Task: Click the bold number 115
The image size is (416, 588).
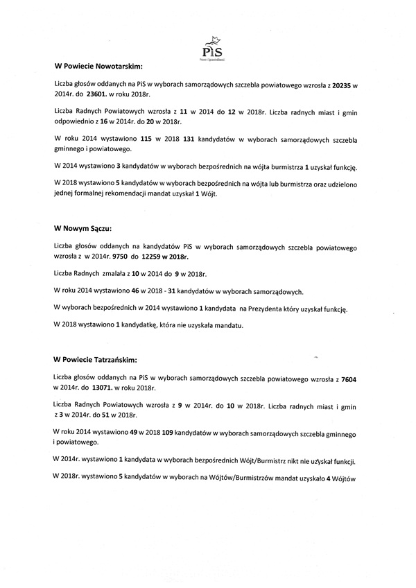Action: coord(146,139)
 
